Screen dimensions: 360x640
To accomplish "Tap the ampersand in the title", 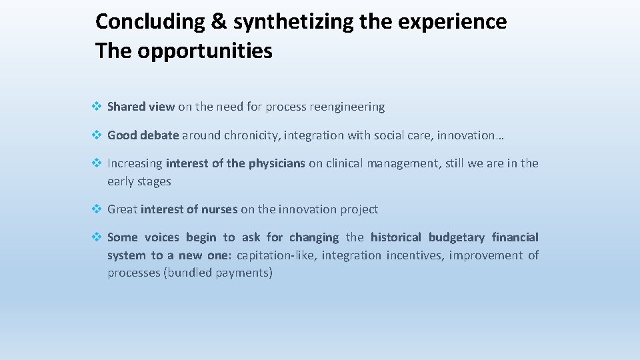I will pos(219,22).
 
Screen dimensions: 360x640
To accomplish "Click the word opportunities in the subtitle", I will pos(205,51).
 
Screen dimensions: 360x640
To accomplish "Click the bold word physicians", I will pos(277,163).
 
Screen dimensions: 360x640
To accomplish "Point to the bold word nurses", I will pos(219,209).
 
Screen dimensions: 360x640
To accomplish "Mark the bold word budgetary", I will pos(457,237).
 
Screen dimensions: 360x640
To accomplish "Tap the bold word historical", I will pos(396,237).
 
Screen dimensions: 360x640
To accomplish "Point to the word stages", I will pos(155,182).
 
